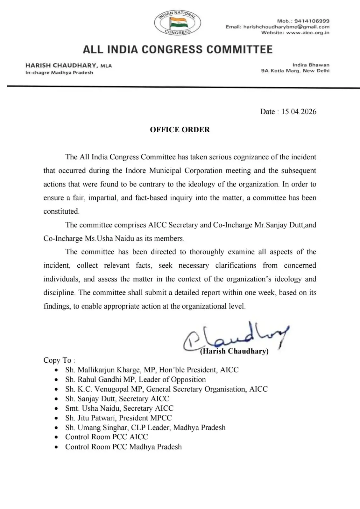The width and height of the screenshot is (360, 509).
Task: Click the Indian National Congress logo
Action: (177, 23)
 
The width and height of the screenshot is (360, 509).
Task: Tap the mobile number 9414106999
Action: (312, 21)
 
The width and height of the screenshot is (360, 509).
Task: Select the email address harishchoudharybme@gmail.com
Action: (286, 27)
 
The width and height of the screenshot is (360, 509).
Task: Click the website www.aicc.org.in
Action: (308, 32)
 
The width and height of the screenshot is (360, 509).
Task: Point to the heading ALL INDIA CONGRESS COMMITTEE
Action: (178, 50)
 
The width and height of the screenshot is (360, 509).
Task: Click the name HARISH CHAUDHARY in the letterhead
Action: (61, 66)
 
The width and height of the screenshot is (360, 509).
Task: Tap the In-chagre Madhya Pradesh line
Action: (59, 73)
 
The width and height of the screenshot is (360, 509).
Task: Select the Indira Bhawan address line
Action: (311, 65)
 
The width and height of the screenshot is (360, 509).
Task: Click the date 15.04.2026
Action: (299, 112)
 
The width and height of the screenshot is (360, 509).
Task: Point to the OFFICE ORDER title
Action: (180, 130)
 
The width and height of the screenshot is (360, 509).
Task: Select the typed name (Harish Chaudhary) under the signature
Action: (234, 351)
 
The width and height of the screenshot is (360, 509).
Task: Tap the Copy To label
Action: (59, 360)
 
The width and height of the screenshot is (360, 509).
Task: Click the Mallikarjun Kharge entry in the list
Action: (152, 370)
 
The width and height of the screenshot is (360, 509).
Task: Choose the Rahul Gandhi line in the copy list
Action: (136, 379)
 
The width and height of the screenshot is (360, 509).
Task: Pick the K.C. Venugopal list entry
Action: (166, 389)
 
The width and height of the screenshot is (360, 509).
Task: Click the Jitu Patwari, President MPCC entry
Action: (118, 418)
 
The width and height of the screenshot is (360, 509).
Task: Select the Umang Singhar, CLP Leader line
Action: (145, 428)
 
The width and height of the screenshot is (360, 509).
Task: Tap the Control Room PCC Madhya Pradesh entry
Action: (124, 447)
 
